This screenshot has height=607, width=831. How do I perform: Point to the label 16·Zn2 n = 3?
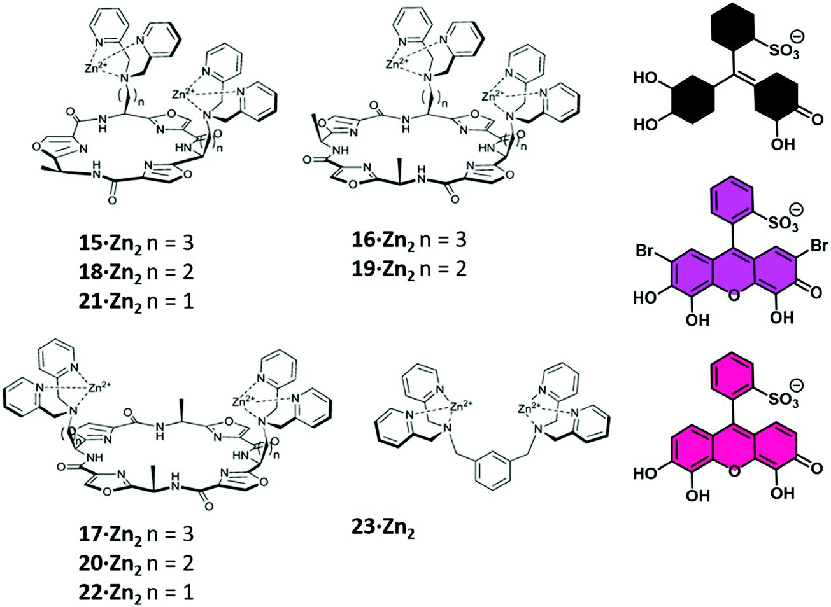tap(409, 240)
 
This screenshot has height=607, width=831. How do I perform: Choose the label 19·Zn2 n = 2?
tap(409, 269)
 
